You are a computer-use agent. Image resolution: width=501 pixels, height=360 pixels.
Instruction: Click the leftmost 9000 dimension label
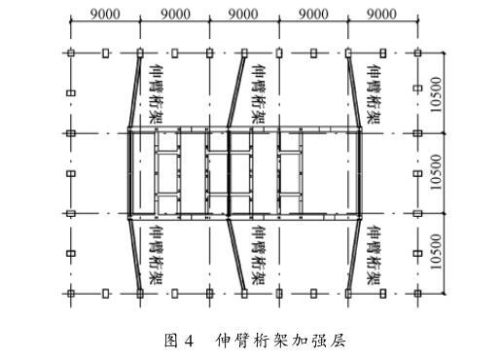pos(105,14)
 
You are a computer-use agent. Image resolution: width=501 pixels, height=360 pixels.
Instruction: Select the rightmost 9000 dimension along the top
pos(381,14)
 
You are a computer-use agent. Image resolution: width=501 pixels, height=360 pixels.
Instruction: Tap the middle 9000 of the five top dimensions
pos(243,14)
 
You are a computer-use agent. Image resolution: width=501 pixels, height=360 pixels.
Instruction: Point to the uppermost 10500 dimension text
pos(437,94)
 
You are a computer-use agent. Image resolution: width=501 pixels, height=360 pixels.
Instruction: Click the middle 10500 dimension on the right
pos(437,172)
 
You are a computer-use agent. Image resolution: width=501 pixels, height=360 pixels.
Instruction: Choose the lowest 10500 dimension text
pos(437,252)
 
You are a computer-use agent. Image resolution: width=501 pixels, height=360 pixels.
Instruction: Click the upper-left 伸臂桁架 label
pos(156,93)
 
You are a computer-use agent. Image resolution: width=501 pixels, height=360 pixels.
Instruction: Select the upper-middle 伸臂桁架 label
pos(259,93)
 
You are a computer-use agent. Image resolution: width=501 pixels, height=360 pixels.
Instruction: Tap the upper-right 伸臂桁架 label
pos(374,93)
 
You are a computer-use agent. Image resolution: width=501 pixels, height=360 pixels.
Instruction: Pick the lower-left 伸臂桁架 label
pos(156,255)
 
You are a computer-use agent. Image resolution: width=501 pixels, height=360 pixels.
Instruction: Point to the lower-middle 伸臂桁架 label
pos(259,255)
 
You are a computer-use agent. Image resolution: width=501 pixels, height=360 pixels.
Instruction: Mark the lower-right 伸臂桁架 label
pos(374,255)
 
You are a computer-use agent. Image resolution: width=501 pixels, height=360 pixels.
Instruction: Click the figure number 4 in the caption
pos(189,342)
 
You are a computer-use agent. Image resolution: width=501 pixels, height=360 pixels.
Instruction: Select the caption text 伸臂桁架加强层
pos(280,341)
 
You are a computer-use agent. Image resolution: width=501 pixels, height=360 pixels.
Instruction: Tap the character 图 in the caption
pos(171,341)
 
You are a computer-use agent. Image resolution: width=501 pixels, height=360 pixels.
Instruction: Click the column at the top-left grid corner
pos(71,53)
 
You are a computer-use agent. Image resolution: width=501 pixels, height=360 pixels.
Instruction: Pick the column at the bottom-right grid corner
pos(417,294)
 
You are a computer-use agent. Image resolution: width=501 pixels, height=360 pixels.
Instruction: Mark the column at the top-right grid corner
pos(417,53)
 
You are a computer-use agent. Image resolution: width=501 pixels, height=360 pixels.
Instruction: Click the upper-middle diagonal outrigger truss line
pos(236,90)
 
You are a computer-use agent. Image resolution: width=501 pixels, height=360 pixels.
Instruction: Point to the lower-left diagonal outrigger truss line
pos(134,256)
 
